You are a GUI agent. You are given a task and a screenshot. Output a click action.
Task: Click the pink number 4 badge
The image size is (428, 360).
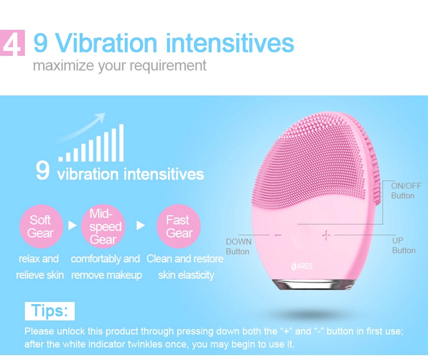(12, 43)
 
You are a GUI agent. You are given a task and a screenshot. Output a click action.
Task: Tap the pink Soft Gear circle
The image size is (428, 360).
(41, 226)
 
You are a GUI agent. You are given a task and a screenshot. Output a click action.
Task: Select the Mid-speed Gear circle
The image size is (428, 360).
(103, 226)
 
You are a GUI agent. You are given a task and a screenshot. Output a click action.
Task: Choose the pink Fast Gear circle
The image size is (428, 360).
(179, 226)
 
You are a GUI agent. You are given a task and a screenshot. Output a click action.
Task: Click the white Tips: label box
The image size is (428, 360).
(50, 311)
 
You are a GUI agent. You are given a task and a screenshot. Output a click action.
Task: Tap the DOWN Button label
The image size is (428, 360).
(238, 246)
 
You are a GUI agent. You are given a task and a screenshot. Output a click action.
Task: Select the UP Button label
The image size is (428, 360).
(404, 245)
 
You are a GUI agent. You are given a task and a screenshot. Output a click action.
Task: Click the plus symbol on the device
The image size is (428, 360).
(326, 235)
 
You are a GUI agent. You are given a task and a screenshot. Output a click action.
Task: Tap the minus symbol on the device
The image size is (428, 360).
(278, 235)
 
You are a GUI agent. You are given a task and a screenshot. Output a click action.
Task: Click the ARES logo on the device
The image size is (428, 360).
(302, 266)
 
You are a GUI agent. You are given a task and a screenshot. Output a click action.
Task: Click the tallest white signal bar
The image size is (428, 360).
(121, 143)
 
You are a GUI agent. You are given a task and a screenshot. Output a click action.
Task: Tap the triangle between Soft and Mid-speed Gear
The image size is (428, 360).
(73, 226)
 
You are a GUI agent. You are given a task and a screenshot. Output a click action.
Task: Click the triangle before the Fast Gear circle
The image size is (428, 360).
(140, 226)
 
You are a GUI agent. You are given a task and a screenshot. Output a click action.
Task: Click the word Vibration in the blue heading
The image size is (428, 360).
(106, 43)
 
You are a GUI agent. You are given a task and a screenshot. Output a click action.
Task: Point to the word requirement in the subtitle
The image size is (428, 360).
(168, 66)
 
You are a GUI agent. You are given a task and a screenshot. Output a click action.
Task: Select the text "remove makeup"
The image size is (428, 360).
(106, 275)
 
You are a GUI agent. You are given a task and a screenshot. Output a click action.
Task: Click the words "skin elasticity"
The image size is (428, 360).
(186, 275)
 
